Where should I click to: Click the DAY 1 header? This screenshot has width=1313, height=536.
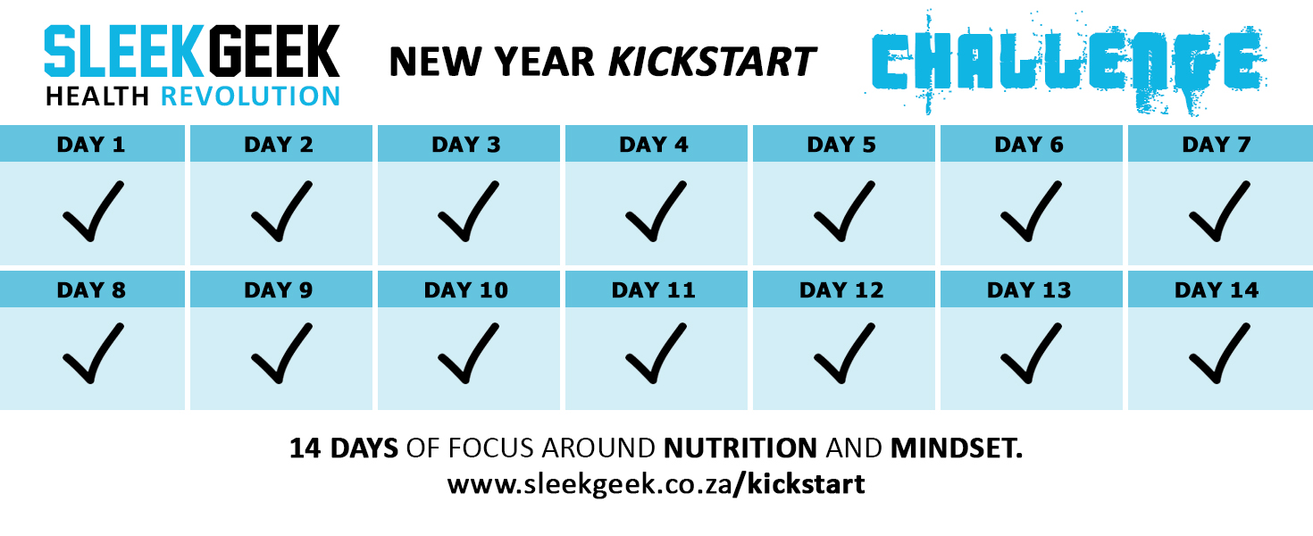click(91, 144)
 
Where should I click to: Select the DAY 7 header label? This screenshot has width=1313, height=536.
click(1217, 144)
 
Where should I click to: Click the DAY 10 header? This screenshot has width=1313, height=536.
click(466, 289)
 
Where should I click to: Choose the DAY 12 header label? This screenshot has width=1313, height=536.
click(841, 289)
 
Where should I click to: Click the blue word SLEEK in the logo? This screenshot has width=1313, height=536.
click(123, 50)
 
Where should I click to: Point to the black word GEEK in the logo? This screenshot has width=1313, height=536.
click(274, 50)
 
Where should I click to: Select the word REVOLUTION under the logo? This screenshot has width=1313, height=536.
click(250, 96)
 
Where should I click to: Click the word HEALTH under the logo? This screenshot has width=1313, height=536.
click(97, 96)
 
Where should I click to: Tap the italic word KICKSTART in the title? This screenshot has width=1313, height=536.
click(712, 62)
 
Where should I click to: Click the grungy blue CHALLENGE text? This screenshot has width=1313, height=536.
click(1066, 62)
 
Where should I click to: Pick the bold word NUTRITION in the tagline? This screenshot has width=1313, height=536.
click(740, 448)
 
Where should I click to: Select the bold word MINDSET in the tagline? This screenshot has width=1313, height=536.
click(957, 448)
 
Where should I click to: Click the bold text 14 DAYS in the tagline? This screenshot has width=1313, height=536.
click(344, 448)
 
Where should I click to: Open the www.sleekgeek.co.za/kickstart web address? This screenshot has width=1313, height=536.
click(656, 484)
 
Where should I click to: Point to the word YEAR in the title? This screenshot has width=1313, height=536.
click(545, 62)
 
